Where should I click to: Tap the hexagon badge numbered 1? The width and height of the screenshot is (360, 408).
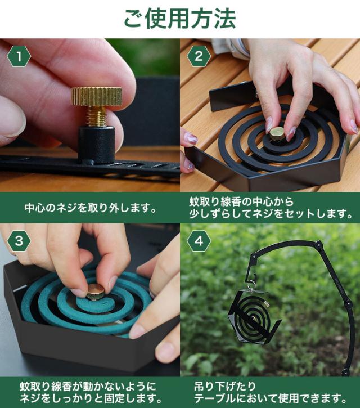pos(19,56)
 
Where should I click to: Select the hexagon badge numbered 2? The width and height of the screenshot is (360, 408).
pos(199,56)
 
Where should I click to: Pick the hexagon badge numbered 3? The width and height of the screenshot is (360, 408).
pos(19,241)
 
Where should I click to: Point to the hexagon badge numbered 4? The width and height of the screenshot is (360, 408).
pos(199,241)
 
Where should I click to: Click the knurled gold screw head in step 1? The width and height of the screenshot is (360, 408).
pos(97,97)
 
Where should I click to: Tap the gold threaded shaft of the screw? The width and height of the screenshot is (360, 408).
pos(97,116)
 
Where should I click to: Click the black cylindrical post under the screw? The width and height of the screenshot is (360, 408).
pos(97,145)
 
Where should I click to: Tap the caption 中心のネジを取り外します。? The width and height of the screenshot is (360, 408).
pos(91,208)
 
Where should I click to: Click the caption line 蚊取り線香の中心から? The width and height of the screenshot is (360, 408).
pos(241,201)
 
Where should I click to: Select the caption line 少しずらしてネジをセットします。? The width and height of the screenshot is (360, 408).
pos(271,214)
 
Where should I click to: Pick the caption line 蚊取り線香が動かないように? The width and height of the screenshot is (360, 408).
pos(88,387)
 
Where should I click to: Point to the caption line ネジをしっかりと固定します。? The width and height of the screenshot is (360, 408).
pos(91,398)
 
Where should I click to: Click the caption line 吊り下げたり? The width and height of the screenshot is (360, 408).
pos(225,387)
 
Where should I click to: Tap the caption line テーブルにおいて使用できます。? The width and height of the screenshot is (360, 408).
pos(271,398)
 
